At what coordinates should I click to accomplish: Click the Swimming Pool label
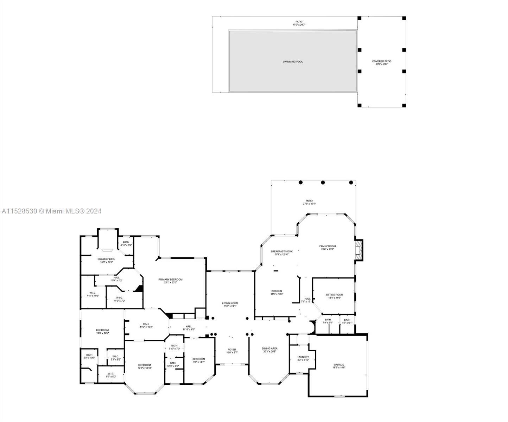coord(293,62)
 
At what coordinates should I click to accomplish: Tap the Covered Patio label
coord(381,62)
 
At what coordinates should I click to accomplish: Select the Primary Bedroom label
coord(170,280)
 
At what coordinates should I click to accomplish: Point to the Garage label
coord(339,365)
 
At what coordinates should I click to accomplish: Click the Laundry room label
coord(303,357)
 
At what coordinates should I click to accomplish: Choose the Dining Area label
coord(269,349)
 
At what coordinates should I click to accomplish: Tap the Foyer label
coord(232,350)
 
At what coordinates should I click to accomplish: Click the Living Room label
coord(230,303)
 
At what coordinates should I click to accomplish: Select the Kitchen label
coord(277,291)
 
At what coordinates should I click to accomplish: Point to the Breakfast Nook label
coord(281,251)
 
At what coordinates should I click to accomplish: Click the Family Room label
coord(327,246)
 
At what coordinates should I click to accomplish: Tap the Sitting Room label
coord(334,295)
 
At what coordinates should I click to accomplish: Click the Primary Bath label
coord(106,259)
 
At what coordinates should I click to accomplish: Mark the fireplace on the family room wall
coord(358,250)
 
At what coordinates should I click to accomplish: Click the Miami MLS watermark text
coord(51,211)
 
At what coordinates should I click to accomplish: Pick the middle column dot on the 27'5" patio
coord(323,183)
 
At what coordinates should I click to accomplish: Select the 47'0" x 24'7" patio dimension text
coord(299,25)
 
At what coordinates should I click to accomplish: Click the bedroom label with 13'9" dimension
coord(102,330)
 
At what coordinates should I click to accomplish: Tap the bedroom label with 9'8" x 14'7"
coord(198,359)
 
